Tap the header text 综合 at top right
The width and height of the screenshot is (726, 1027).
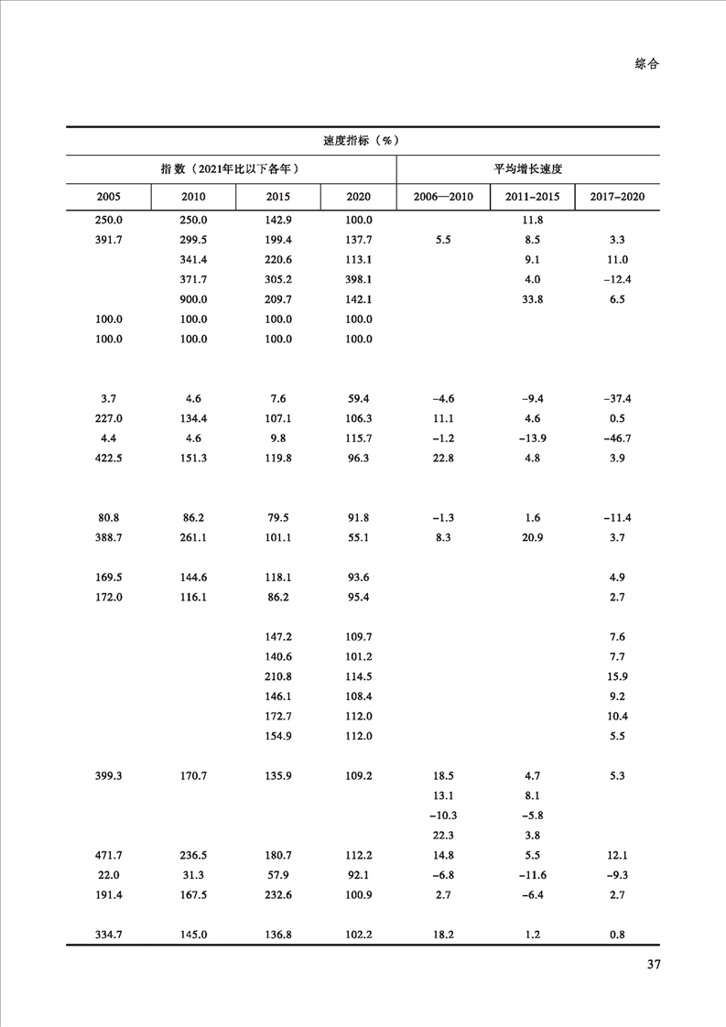646,64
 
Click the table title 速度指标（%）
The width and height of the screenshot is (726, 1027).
363,141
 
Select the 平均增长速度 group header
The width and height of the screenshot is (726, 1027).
527,169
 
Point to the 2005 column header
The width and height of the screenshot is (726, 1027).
109,198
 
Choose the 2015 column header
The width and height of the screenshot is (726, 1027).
278,198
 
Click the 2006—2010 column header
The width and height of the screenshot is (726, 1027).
443,198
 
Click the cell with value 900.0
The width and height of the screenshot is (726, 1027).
193,299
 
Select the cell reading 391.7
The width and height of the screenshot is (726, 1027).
109,240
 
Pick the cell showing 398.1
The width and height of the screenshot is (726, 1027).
360,279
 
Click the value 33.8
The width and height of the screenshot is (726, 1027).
531,299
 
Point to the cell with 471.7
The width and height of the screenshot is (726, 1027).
109,856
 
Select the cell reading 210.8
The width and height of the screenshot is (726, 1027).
278,676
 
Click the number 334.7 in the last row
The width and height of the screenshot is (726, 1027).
109,935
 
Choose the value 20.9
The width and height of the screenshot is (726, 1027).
531,537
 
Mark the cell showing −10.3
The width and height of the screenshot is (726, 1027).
442,816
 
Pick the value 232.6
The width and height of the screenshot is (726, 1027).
278,895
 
